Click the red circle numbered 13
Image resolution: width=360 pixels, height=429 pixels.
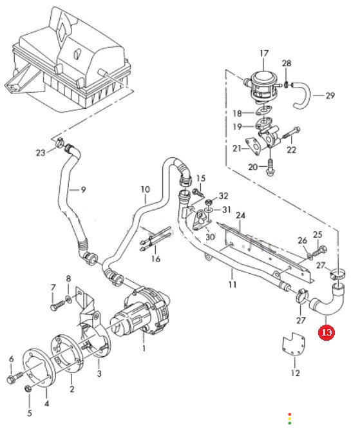pyautogui.click(x=327, y=332)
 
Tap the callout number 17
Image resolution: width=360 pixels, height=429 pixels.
pyautogui.click(x=264, y=53)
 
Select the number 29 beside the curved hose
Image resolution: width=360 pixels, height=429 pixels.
pyautogui.click(x=330, y=95)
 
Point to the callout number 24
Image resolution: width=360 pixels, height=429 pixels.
pyautogui.click(x=240, y=216)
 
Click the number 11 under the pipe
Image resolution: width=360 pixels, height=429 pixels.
pyautogui.click(x=232, y=285)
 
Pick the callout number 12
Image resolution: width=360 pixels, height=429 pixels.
pyautogui.click(x=295, y=373)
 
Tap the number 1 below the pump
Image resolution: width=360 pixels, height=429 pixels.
pyautogui.click(x=144, y=348)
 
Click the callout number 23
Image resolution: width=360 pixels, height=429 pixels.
pyautogui.click(x=41, y=153)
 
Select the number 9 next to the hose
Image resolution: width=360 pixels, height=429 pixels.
pyautogui.click(x=84, y=189)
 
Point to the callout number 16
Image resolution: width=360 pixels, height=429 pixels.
pyautogui.click(x=155, y=258)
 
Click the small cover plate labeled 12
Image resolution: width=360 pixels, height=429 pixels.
pyautogui.click(x=294, y=345)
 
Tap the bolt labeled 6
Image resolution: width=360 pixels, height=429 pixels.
pyautogui.click(x=14, y=379)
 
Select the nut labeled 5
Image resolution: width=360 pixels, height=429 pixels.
pyautogui.click(x=28, y=388)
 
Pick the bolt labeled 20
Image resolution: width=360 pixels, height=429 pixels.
pyautogui.click(x=270, y=166)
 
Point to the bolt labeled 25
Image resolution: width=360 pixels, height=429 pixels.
pyautogui.click(x=320, y=251)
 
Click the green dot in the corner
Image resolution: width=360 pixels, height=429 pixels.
pyautogui.click(x=289, y=423)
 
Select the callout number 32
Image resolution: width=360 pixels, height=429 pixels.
pyautogui.click(x=223, y=196)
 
